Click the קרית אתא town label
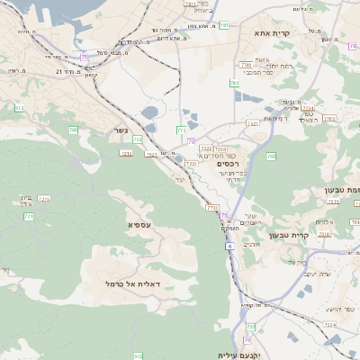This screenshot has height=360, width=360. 273,32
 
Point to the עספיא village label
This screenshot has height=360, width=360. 139,224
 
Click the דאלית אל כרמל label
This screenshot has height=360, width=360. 132,283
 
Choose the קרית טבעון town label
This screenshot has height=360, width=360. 314,235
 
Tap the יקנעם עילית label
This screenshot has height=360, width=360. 264,355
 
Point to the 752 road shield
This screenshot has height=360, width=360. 137,139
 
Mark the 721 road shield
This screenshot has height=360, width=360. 29,217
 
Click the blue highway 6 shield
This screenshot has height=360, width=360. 230,245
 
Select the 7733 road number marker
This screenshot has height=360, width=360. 211,208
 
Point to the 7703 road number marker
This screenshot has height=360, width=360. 246,65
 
